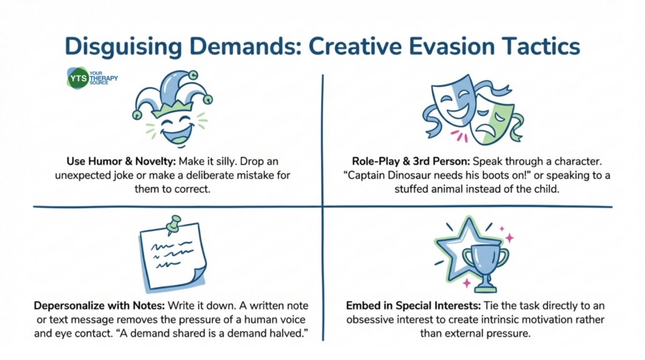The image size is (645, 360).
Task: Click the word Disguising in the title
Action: tap(123, 46)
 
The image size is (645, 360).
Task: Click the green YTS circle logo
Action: tap(78, 78)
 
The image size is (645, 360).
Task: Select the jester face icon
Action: tap(172, 108)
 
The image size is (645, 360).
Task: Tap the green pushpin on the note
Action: tap(174, 225)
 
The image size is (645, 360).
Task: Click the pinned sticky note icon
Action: tap(173, 255)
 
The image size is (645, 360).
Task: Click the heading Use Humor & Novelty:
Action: tap(121, 161)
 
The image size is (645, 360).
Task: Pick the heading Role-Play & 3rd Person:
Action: tap(411, 161)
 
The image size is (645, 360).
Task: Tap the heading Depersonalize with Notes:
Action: tap(99, 306)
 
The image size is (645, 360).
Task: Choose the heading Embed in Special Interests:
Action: tap(413, 306)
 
